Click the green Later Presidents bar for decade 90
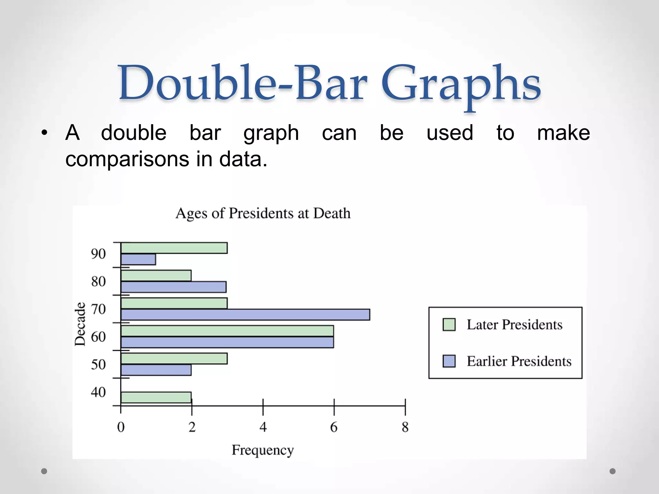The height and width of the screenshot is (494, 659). point(174,248)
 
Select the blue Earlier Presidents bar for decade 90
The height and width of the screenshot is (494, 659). point(138,259)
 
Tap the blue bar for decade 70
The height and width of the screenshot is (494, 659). point(245,315)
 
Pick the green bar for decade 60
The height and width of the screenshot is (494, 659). point(227,331)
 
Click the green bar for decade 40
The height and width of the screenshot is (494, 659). point(156,397)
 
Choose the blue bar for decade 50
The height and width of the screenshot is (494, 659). point(156,370)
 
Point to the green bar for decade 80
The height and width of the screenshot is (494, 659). point(156,276)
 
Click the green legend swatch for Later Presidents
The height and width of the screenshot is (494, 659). point(449,325)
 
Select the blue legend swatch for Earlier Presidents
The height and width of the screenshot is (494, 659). point(449,361)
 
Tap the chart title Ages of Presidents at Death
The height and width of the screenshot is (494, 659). point(263,213)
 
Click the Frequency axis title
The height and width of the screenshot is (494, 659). point(263,450)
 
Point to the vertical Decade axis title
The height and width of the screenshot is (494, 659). point(80,324)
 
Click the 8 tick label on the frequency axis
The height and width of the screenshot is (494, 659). point(405,427)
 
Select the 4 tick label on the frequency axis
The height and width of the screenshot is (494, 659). point(263,427)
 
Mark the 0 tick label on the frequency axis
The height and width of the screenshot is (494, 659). point(121,427)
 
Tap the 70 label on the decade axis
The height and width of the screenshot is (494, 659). point(98,309)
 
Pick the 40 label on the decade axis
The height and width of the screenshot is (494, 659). point(98,392)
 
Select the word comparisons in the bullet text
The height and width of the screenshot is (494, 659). point(127,159)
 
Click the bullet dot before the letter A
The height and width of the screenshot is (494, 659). point(44,133)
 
